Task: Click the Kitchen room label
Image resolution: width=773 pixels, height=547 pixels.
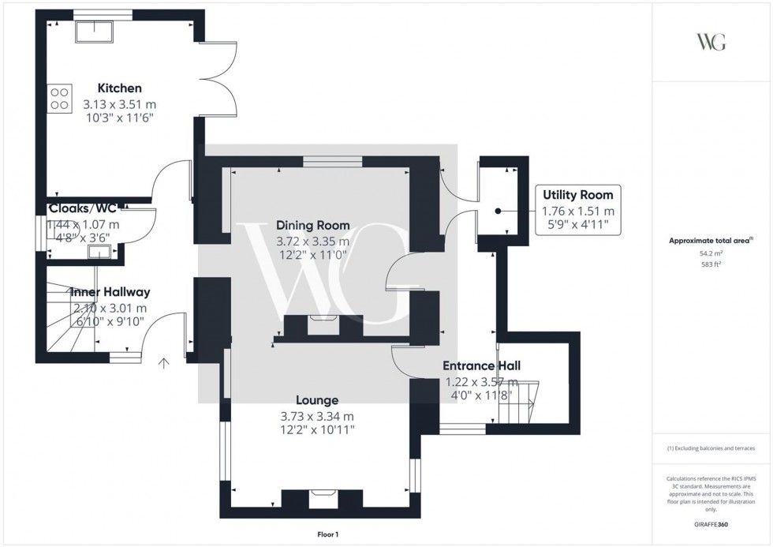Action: tap(120, 88)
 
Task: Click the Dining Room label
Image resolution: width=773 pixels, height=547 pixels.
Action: tap(312, 226)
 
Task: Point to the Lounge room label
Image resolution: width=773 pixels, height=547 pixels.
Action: tap(317, 400)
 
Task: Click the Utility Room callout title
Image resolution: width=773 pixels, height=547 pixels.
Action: tap(577, 195)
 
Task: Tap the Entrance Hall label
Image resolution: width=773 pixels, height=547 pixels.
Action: tap(480, 365)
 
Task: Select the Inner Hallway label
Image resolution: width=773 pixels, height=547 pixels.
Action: tap(110, 292)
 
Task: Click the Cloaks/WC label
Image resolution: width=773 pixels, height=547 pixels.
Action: tap(83, 208)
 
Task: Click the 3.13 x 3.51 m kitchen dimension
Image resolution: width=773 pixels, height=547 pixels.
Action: tap(120, 103)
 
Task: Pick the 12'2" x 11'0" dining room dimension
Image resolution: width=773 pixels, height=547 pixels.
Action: tap(312, 257)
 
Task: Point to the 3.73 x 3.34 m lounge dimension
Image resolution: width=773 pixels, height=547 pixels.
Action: tap(317, 416)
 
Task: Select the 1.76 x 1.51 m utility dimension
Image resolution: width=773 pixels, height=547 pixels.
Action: tap(577, 212)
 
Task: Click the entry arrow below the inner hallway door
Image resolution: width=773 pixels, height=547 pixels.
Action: tap(164, 363)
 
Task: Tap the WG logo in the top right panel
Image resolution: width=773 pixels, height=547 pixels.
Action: tap(711, 43)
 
